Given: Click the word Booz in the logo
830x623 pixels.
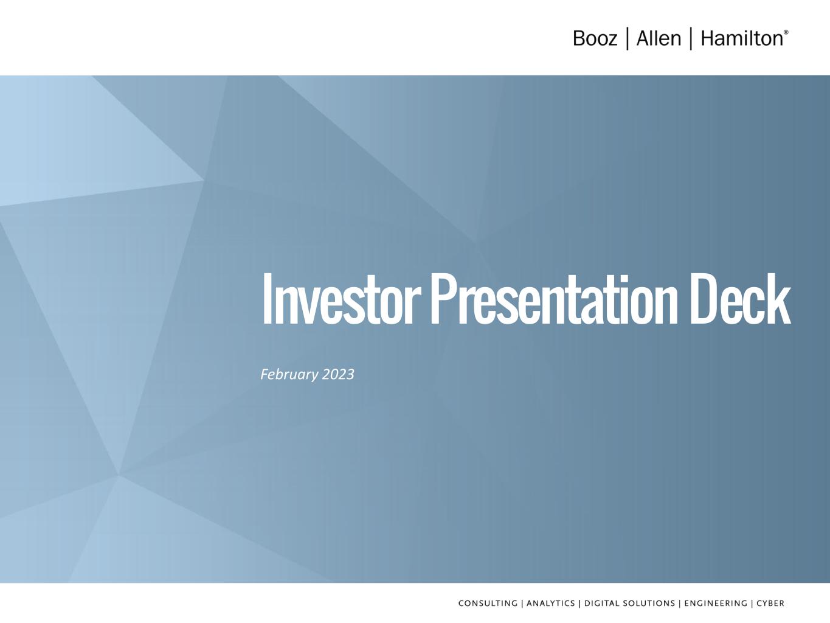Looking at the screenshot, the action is [595, 38].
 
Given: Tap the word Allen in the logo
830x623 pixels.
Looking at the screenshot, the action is [659, 38].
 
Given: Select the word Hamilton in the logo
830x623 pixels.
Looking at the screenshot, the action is [741, 38].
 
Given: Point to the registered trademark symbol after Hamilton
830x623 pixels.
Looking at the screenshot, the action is [786, 32].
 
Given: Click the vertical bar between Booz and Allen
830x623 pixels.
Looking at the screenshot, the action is [628, 38].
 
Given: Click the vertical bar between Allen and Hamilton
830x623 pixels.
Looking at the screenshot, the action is [691, 38].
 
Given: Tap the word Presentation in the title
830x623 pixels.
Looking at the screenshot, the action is [554, 299].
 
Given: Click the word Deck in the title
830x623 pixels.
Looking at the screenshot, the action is [741, 299].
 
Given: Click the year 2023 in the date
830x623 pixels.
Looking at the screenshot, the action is [339, 375].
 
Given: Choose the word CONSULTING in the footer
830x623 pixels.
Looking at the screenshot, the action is [488, 604].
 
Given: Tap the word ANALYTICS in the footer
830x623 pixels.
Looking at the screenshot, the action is [550, 604].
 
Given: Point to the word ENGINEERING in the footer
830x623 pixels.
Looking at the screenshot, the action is [716, 604].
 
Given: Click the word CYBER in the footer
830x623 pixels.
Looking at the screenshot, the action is [770, 604].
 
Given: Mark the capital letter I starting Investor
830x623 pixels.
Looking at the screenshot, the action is [267, 299].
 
